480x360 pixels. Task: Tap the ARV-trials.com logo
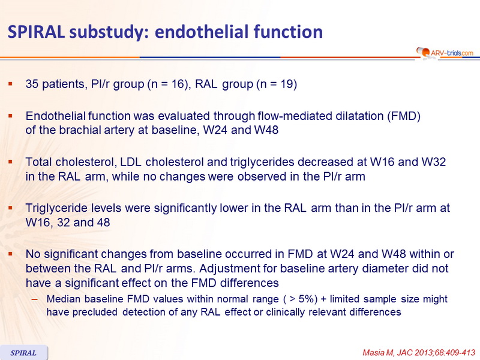click(x=445, y=53)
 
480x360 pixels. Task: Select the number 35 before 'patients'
click(x=32, y=84)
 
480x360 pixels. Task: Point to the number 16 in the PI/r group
click(x=177, y=84)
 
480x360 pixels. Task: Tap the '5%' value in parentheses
click(x=307, y=299)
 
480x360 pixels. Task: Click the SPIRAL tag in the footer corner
click(x=23, y=353)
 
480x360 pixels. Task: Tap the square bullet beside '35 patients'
click(x=11, y=83)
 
